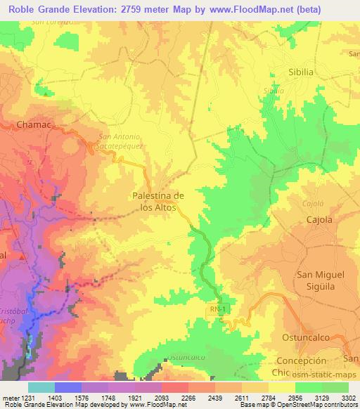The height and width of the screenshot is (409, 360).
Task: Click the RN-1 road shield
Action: coord(218,309)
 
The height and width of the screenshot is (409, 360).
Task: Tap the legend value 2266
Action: coord(188,397)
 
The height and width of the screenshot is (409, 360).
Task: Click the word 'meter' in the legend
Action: coord(9,397)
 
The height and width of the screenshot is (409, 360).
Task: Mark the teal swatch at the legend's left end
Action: coord(41,387)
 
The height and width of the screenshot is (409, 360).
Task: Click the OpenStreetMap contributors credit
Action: coord(323,405)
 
